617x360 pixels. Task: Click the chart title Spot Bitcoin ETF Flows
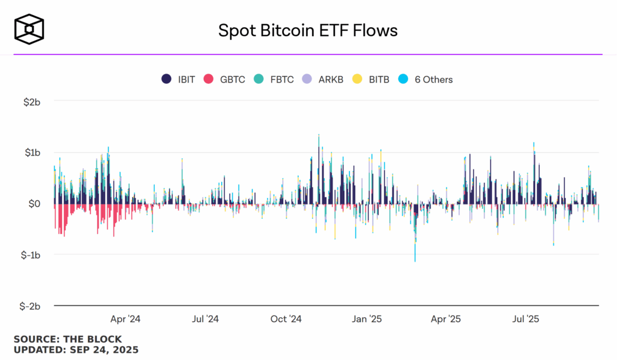point(308,30)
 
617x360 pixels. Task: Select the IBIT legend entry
point(178,79)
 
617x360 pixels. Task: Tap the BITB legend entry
point(372,79)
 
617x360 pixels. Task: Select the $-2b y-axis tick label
point(29,306)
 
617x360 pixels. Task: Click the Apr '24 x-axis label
point(125,318)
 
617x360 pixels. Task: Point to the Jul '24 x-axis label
point(205,318)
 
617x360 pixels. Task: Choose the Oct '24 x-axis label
point(286,318)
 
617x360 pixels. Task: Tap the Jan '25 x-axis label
point(366,318)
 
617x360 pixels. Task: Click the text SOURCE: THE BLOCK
point(67,339)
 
